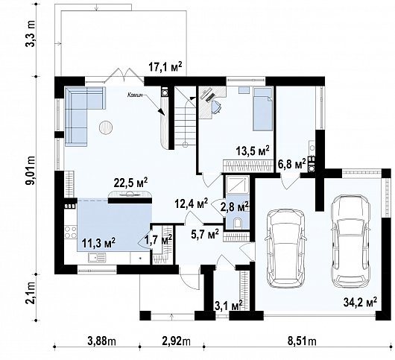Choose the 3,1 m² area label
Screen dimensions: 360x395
pyautogui.click(x=228, y=306)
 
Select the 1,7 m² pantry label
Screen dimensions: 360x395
pyautogui.click(x=157, y=240)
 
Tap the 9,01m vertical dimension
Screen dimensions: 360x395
pyautogui.click(x=31, y=172)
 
